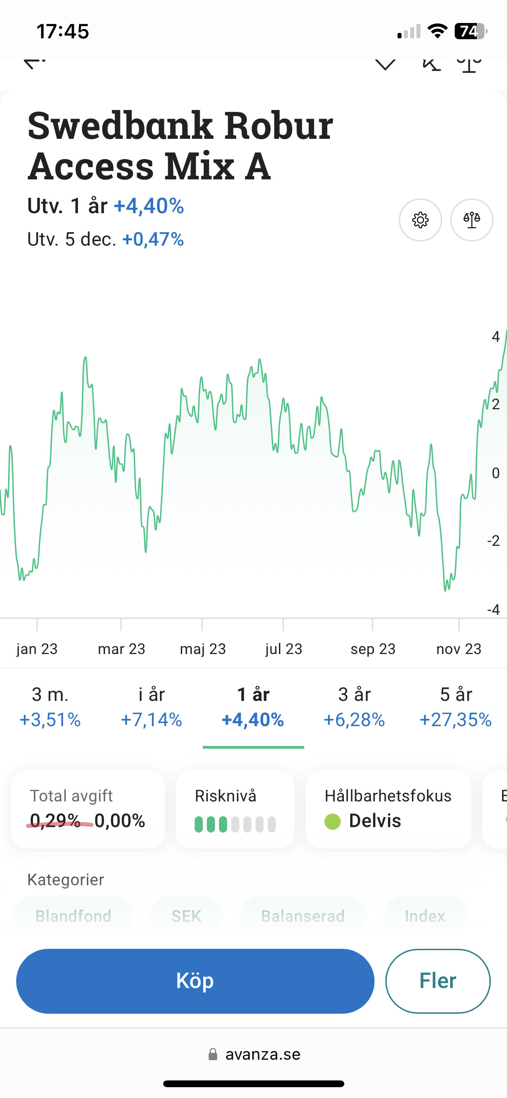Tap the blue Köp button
click(195, 981)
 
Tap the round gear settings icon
click(420, 220)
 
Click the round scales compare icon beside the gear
click(471, 220)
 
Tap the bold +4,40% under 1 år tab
click(253, 720)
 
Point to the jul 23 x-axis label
click(283, 649)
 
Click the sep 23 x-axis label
click(373, 649)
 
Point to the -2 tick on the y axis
click(494, 540)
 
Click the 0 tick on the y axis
click(496, 473)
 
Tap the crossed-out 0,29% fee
click(55, 821)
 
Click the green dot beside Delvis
click(333, 821)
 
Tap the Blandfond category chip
click(73, 916)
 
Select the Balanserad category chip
click(303, 916)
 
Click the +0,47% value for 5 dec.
click(153, 239)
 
